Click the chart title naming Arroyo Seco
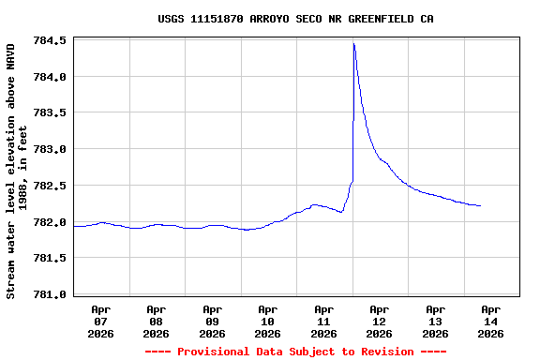click(295, 19)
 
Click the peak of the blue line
click(353, 43)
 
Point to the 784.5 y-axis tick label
click(50, 41)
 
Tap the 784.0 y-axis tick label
click(50, 77)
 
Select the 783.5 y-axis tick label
click(50, 113)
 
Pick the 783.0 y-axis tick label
click(50, 149)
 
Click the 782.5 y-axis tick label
click(50, 186)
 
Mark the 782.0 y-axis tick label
click(50, 222)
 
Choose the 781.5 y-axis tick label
click(50, 258)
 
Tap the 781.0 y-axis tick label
click(50, 294)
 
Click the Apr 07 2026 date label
click(100, 321)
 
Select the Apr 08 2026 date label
click(157, 321)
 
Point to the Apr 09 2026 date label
click(212, 321)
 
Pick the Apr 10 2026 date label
click(268, 321)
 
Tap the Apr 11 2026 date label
click(323, 321)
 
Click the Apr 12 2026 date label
click(380, 321)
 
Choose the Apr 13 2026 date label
click(435, 321)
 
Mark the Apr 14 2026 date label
click(490, 321)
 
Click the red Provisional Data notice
click(295, 352)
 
